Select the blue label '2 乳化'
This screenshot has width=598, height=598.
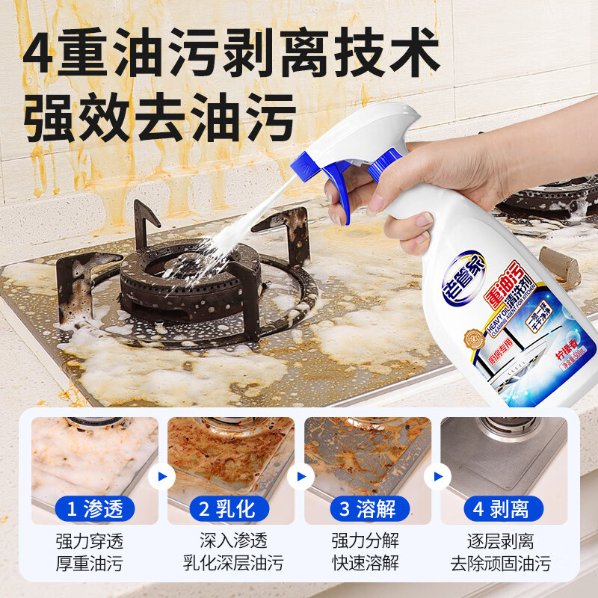(x=228, y=510)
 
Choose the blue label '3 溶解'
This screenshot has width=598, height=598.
(x=367, y=510)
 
